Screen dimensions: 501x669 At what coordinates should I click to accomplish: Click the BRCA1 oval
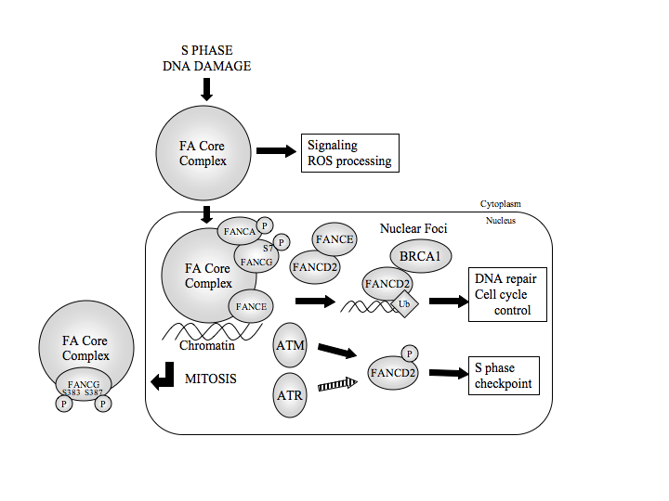click(x=419, y=255)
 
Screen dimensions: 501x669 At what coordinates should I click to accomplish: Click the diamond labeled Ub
click(x=406, y=303)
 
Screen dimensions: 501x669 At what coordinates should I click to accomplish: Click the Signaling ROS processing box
click(x=349, y=153)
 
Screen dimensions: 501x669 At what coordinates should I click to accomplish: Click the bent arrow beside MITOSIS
click(x=164, y=377)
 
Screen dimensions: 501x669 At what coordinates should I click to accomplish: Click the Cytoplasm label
click(x=501, y=203)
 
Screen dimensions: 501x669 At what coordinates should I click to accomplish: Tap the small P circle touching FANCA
click(x=265, y=225)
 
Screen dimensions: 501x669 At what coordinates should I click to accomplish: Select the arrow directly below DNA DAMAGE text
click(x=206, y=89)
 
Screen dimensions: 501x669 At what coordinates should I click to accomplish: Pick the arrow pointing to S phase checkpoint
click(x=447, y=373)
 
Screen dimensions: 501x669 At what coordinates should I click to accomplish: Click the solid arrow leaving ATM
click(x=337, y=351)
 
